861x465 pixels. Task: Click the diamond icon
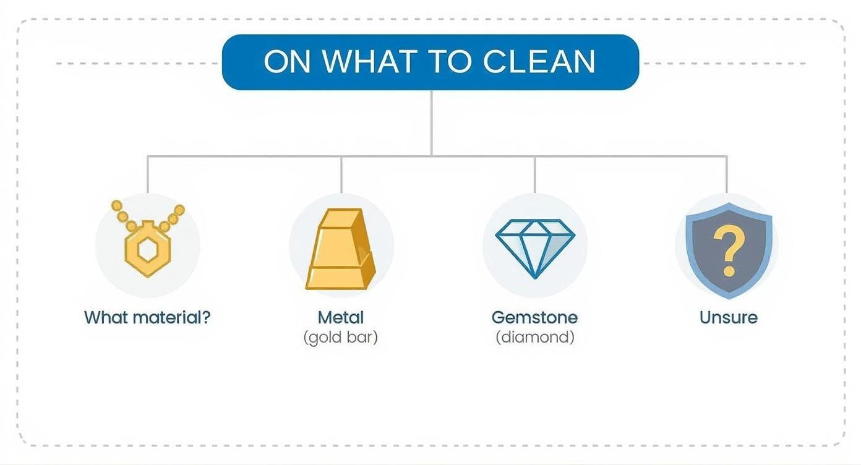[535, 247]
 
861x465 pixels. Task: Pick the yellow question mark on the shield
[728, 249]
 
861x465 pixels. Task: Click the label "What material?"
[147, 318]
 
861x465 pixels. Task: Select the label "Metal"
[341, 318]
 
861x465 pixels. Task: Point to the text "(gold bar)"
[341, 338]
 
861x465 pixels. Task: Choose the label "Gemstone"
[534, 318]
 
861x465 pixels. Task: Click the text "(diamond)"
[535, 338]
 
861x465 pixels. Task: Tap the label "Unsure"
[728, 318]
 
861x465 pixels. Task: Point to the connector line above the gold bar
[341, 174]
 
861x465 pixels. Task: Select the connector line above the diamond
[535, 174]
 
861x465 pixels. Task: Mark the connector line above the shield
[727, 174]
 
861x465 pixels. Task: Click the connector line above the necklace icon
[148, 174]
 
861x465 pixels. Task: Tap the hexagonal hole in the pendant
[148, 250]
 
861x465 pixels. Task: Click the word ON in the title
[288, 62]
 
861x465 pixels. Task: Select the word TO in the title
[450, 62]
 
